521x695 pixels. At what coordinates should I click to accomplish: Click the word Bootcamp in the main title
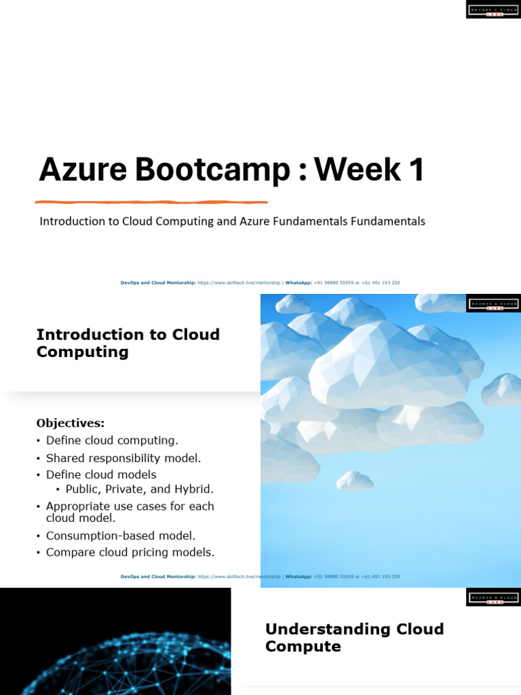[212, 170]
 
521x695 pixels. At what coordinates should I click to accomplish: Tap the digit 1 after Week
[414, 169]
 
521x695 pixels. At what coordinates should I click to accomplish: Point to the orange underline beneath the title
[151, 202]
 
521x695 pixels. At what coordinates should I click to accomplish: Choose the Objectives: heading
[71, 424]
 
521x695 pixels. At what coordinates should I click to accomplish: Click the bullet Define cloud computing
[112, 440]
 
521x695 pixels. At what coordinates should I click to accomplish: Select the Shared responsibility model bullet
[123, 458]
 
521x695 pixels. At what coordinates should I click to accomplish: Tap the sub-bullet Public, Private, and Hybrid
[139, 489]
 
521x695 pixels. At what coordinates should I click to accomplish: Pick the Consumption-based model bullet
[121, 536]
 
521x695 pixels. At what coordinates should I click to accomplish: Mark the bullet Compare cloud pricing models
[130, 552]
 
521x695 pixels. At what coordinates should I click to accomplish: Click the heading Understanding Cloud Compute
[354, 637]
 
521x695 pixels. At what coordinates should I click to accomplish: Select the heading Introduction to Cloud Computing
[128, 343]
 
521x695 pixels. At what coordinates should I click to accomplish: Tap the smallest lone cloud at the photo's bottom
[355, 481]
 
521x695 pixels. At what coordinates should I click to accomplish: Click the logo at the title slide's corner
[493, 10]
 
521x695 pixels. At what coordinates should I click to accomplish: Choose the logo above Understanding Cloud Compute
[493, 598]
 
